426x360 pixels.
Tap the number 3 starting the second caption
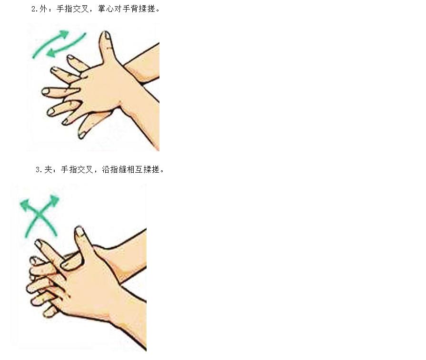38,170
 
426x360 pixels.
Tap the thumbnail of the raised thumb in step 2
107,36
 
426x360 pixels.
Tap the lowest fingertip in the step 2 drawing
82,135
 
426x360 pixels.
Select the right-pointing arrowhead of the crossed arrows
54,200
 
